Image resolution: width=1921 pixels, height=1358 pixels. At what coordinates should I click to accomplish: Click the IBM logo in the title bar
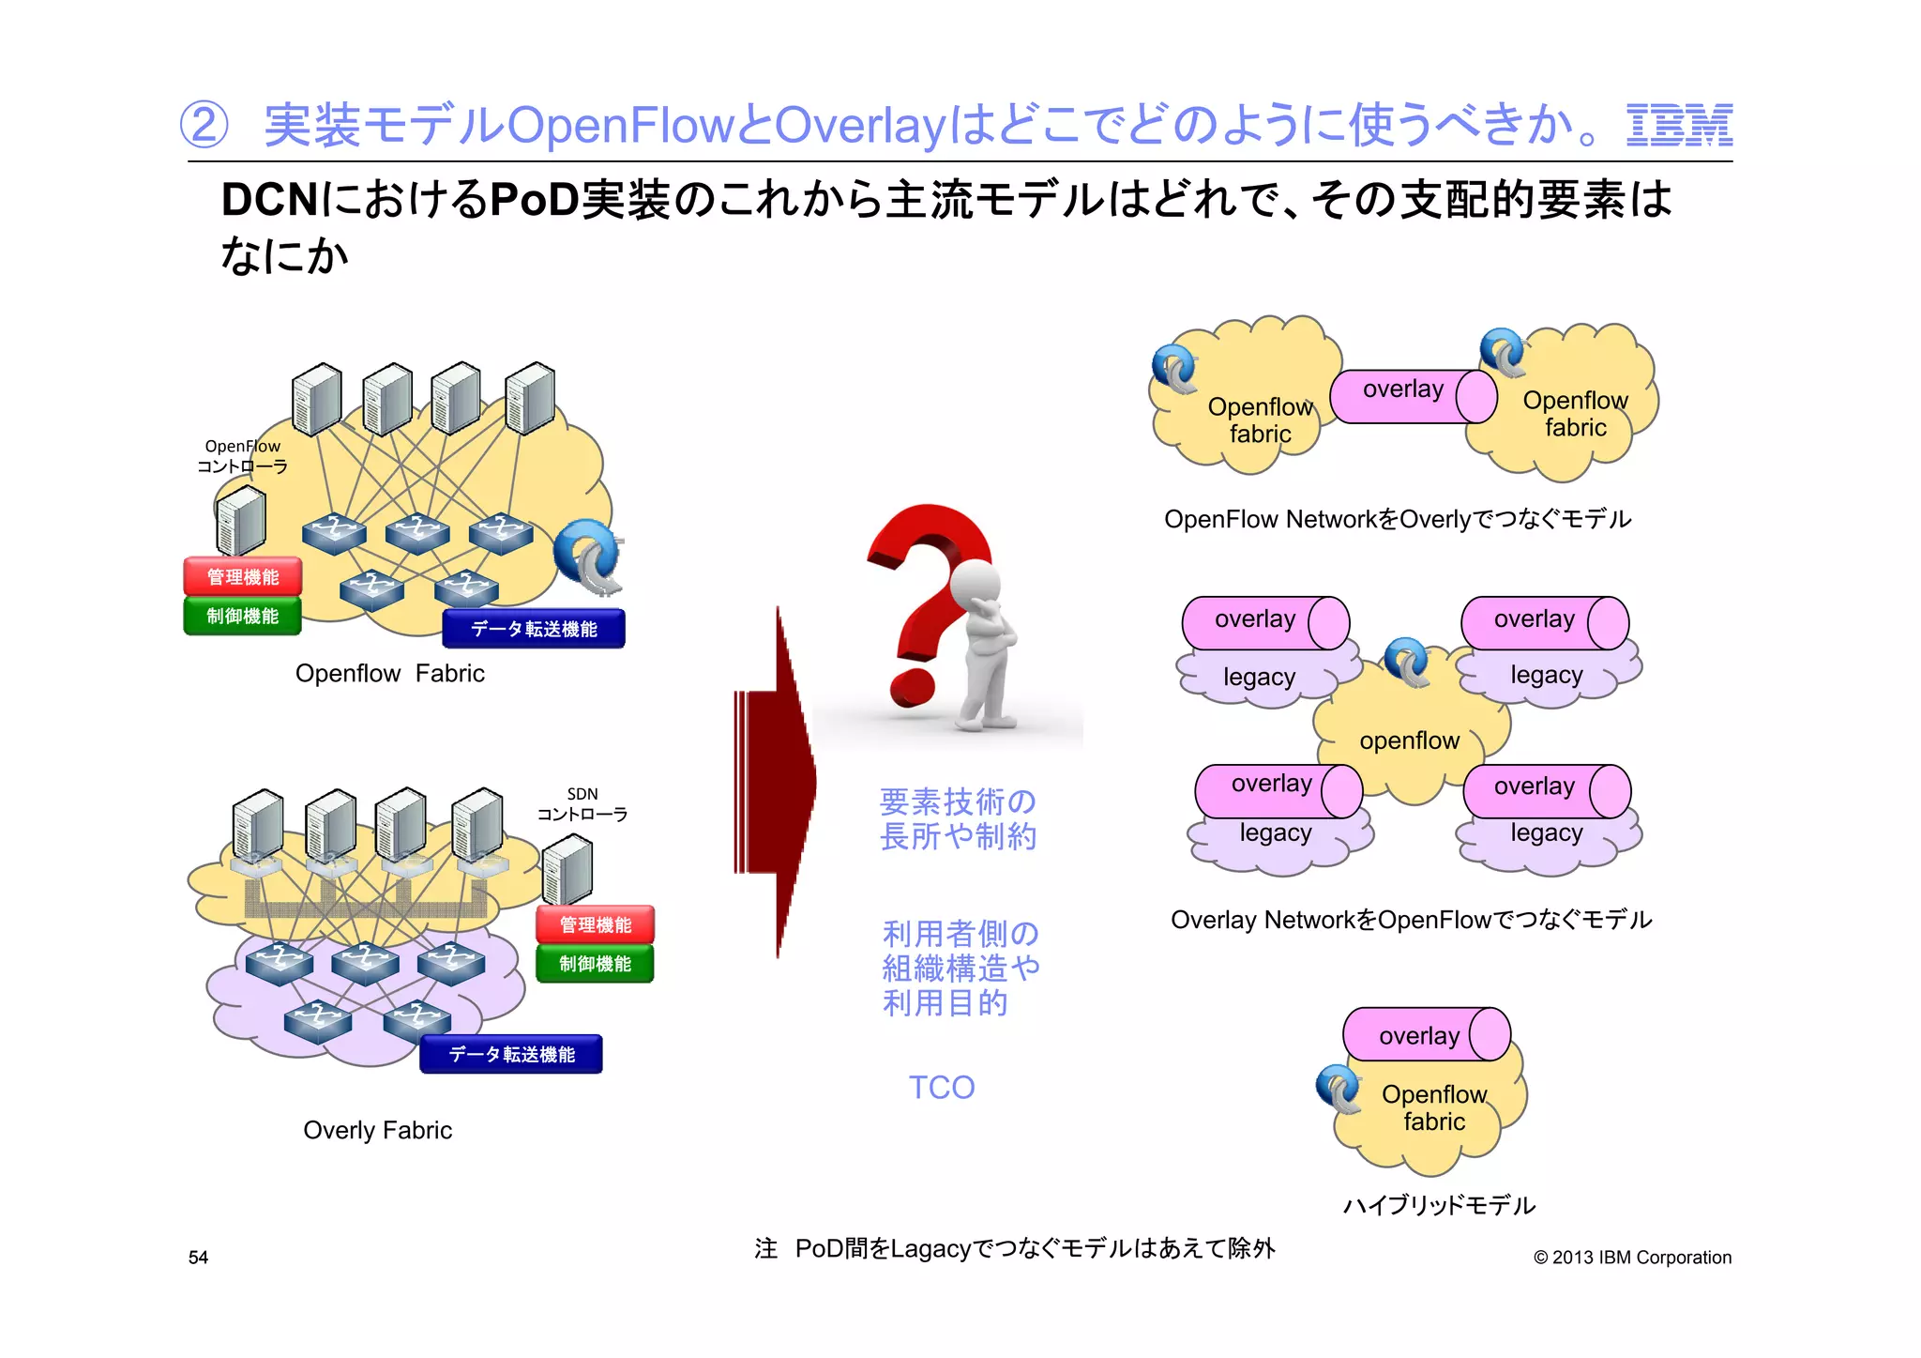click(x=1679, y=126)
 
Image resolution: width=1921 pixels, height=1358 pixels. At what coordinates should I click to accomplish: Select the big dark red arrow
click(x=777, y=783)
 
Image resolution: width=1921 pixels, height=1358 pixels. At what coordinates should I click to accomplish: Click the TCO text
click(x=942, y=1088)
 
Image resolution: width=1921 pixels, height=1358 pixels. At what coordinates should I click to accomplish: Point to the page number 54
click(x=198, y=1258)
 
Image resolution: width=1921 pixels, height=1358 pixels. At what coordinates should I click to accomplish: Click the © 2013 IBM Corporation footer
click(x=1632, y=1258)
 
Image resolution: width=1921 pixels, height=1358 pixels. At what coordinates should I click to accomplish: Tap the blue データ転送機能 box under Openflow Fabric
click(x=534, y=629)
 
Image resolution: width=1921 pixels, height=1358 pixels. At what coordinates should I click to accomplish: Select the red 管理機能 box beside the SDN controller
click(x=595, y=925)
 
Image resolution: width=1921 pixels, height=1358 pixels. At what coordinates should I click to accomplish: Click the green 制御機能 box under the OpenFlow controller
click(x=243, y=617)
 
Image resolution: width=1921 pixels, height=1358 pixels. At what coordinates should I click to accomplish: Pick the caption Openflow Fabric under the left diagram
click(x=389, y=674)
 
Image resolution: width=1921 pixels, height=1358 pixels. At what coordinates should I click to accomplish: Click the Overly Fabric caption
click(x=377, y=1131)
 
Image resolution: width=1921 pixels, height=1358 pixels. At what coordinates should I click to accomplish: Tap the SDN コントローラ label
click(x=582, y=805)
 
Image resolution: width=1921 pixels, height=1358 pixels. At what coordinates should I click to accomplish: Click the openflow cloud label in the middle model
click(x=1409, y=741)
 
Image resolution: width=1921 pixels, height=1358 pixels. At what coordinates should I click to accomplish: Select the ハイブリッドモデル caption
click(x=1439, y=1206)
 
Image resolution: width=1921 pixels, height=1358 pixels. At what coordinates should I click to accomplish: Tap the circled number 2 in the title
click(x=204, y=126)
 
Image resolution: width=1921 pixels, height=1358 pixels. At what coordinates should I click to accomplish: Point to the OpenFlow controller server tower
click(x=240, y=521)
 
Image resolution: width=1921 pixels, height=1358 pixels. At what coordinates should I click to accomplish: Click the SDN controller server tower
click(x=567, y=870)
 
